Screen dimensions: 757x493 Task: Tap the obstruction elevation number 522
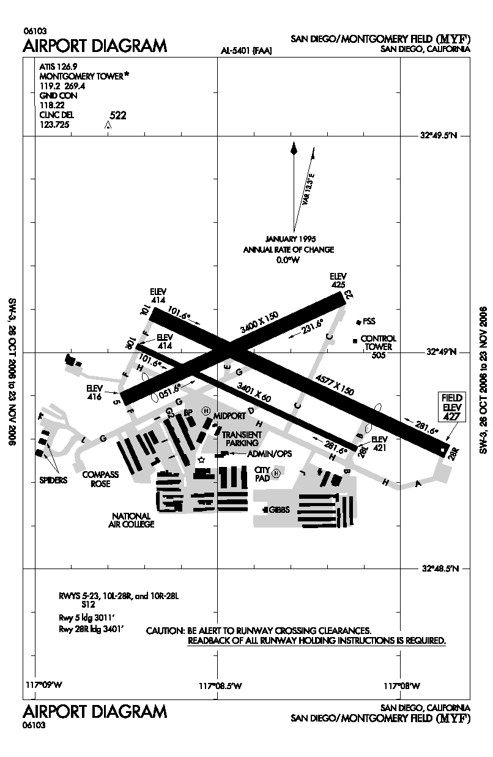tap(117, 115)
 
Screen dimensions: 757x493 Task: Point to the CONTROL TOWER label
tap(378, 342)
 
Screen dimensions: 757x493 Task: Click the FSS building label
tap(369, 321)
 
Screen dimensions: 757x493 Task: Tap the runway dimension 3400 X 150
tap(259, 322)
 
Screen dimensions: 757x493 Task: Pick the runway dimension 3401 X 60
tap(253, 392)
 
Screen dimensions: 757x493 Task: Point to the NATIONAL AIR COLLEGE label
tap(133, 520)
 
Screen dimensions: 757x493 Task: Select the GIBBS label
tap(278, 510)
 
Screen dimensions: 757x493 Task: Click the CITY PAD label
tap(262, 474)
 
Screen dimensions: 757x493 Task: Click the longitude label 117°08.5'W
tap(218, 685)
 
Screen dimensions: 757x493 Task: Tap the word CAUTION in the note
tap(165, 630)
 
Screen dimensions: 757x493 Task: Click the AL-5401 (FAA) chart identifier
tap(247, 51)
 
